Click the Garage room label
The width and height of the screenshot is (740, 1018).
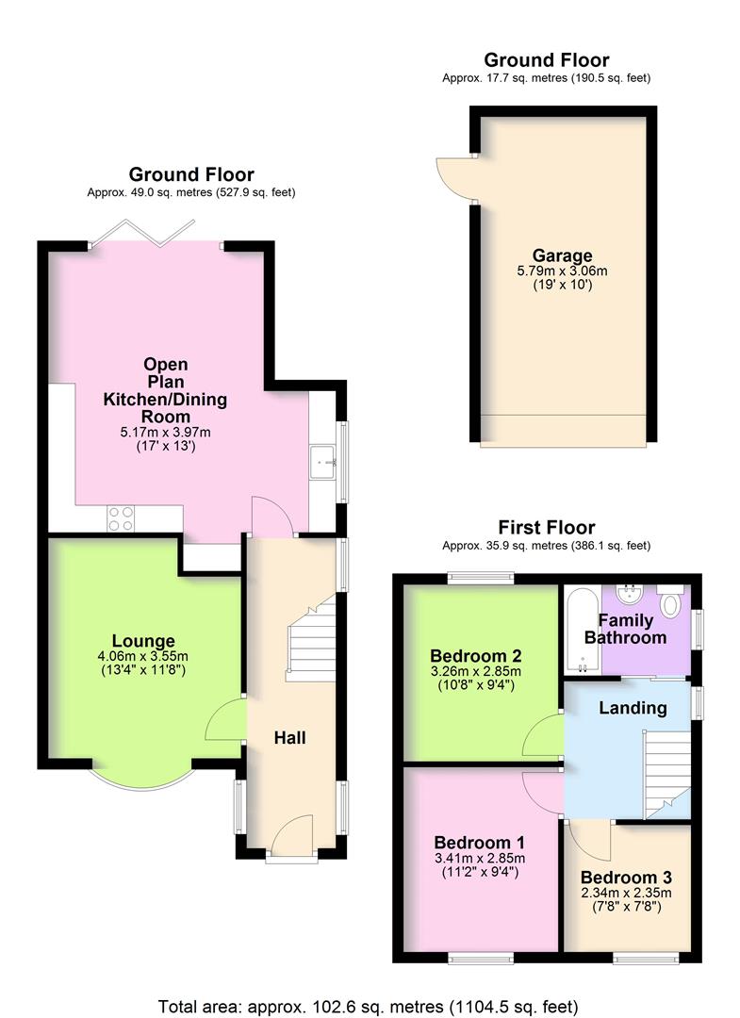[562, 255]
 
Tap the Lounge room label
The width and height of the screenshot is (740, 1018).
[143, 641]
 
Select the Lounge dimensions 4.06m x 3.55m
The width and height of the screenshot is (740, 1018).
[143, 656]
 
